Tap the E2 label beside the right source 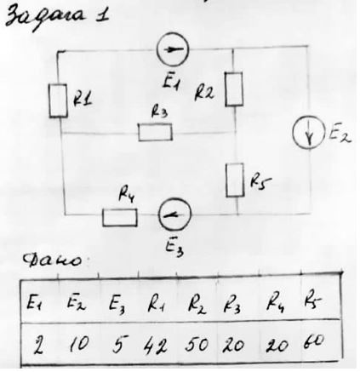point(340,134)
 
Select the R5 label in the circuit point(260,182)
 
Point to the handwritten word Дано point(53,259)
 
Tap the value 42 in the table point(155,346)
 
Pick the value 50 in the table point(197,344)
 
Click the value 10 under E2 point(79,343)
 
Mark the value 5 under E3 point(119,344)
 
